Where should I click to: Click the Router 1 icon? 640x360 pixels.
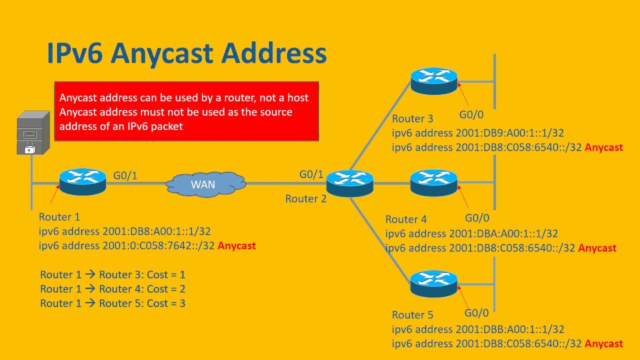82,181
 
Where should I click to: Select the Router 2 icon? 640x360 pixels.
349,182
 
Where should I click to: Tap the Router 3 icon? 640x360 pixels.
434,80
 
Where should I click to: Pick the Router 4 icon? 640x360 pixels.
434,182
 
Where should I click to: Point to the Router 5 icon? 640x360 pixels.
434,283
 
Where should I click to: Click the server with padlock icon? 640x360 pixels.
33,133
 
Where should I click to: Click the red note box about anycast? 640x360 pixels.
186,111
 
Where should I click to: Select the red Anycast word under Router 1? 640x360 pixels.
236,245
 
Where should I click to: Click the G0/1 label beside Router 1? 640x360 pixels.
125,175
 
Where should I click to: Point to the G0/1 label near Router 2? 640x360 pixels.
311,174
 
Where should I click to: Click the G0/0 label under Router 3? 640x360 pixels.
471,114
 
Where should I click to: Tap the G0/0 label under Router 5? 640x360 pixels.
476,313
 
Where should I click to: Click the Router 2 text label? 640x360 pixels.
305,198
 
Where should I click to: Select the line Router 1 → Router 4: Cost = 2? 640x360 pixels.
113,289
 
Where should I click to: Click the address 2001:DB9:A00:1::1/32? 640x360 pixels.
509,133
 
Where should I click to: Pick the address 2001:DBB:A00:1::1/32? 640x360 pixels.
509,329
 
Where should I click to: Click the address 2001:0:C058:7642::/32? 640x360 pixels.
158,245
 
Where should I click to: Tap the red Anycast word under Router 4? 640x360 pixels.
597,248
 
